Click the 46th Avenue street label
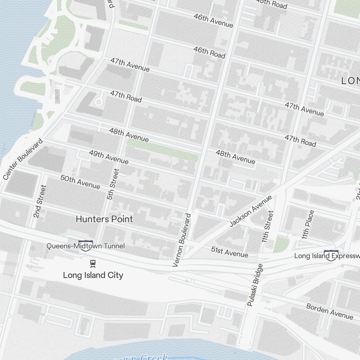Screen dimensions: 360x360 pos(213,21)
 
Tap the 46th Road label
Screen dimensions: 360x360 pos(209,52)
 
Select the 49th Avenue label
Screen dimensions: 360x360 pos(109,157)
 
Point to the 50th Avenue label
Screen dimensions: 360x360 pos(80,182)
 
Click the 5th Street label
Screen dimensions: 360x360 pos(113,184)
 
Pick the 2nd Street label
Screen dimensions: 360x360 pos(40,201)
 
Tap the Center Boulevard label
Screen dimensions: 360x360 pos(23,159)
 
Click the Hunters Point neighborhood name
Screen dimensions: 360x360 pos(104,219)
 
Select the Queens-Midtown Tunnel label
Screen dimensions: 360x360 pos(86,246)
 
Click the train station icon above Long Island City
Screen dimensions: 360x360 pos(93,264)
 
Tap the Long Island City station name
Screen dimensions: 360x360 pos(93,275)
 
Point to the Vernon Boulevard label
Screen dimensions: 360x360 pos(182,240)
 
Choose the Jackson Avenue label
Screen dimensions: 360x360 pos(251,211)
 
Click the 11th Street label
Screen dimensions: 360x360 pos(268,226)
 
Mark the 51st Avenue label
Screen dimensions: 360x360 pos(230,252)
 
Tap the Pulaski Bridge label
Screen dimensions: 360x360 pos(255,285)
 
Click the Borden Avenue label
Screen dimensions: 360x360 pos(330,311)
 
